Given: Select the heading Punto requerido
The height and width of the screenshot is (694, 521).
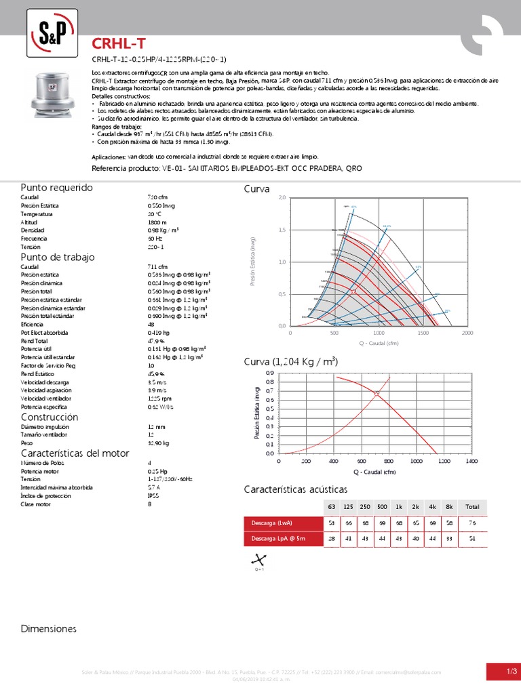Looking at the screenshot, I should (56, 187).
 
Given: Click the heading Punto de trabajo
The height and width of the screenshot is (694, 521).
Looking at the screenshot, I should (58, 258).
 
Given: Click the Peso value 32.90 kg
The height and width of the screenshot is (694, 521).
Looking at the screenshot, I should (158, 442).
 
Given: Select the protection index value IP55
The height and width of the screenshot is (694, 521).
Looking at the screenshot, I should (153, 495).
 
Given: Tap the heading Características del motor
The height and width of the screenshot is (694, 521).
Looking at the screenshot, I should (75, 453).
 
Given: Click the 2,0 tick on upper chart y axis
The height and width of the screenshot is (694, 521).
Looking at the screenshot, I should (282, 198).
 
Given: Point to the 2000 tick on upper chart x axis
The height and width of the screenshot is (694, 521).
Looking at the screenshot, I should (467, 333).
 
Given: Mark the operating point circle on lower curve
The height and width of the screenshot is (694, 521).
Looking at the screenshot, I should (377, 393).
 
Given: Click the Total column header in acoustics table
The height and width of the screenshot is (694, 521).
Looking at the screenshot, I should (472, 506).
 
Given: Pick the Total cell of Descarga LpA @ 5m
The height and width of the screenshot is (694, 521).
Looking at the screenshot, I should (472, 538).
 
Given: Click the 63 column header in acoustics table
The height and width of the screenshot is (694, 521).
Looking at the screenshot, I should (332, 506).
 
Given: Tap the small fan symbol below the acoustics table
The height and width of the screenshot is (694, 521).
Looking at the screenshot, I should (258, 560).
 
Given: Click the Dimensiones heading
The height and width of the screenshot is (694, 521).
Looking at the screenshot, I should (49, 629).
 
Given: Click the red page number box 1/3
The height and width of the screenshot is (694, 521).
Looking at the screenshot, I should (503, 671).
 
